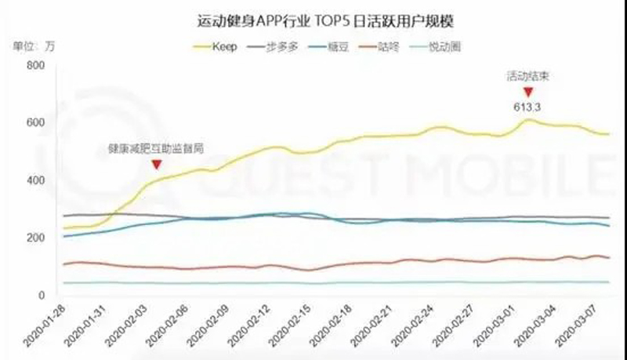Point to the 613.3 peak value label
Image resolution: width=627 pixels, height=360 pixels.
[x=527, y=107]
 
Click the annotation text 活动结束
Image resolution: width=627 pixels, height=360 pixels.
[x=527, y=77]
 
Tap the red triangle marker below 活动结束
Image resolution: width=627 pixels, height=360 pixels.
[x=527, y=93]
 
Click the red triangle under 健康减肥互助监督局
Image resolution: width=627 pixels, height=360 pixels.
[x=157, y=164]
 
